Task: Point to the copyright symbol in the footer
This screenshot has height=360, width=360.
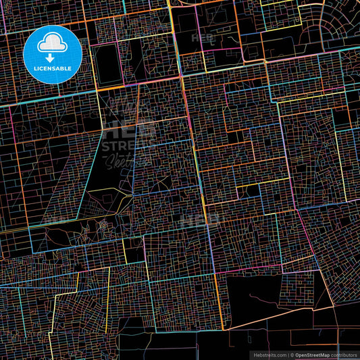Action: point(290,354)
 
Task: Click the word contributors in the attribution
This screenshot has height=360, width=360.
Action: point(343,354)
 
